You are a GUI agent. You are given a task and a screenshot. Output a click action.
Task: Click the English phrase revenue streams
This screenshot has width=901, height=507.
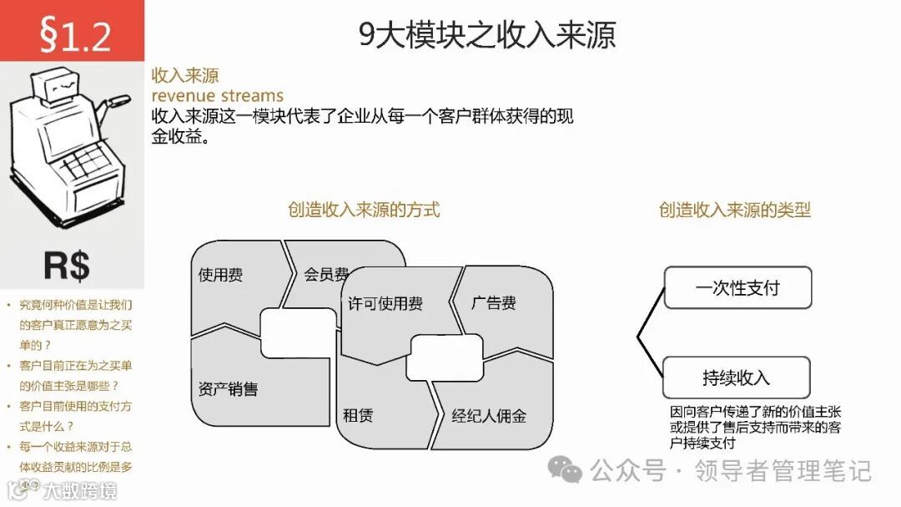217,95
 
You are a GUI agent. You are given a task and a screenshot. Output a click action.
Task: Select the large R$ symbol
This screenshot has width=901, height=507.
67,266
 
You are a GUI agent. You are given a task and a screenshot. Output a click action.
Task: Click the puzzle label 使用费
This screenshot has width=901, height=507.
220,275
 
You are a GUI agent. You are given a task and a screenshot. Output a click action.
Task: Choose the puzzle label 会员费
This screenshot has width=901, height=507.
325,274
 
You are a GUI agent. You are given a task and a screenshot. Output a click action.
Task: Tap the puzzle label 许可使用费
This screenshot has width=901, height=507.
385,302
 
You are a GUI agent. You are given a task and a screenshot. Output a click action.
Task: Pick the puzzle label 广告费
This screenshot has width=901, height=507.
493,302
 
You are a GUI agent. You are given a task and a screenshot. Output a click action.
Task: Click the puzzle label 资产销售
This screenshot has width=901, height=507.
228,389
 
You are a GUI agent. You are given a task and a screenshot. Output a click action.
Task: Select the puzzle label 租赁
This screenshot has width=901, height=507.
357,415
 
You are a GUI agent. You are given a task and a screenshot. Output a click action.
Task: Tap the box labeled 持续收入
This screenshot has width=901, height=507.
736,378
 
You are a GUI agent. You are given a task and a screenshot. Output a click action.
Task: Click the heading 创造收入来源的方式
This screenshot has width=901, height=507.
364,210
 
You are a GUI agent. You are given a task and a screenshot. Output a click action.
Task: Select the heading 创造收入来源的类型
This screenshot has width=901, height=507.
734,210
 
